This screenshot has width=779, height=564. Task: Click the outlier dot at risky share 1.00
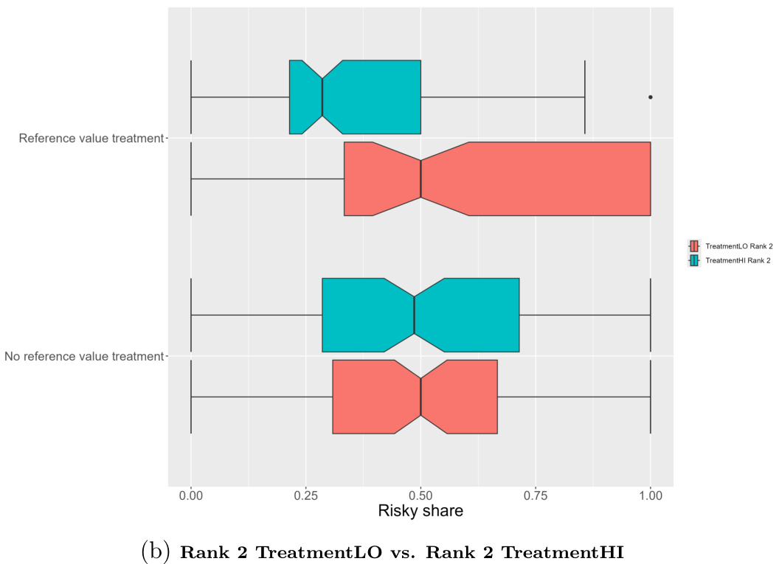650,97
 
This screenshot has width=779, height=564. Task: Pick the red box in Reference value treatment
516,178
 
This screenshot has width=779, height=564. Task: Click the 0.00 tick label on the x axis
191,496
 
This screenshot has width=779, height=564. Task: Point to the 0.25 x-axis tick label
306,496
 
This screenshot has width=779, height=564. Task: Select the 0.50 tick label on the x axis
420,496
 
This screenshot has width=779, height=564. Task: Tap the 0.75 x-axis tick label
536,496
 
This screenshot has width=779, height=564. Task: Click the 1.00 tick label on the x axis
650,496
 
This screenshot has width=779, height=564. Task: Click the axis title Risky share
420,511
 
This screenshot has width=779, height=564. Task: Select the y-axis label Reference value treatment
90,138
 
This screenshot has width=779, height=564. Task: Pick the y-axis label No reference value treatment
83,357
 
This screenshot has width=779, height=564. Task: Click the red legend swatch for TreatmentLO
693,246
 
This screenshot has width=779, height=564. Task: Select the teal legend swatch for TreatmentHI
693,260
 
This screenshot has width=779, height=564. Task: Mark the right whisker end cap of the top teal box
585,97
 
